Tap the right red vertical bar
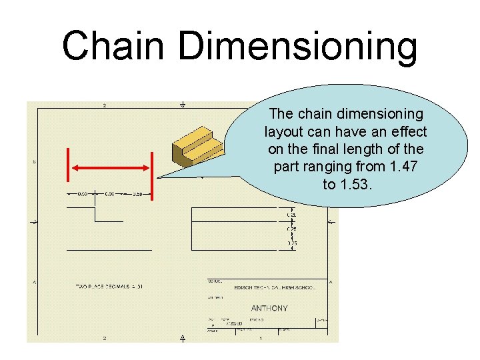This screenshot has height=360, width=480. tap(153, 175)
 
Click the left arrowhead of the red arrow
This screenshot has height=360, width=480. tap(75, 165)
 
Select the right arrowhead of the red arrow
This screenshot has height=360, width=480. tap(146, 165)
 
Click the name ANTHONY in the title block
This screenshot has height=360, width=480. tap(269, 309)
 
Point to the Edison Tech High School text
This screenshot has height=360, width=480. tap(274, 287)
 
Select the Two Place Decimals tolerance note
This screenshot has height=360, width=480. tap(109, 286)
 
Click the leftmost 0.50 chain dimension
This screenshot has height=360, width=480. tap(82, 194)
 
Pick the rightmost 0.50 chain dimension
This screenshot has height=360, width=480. tap(137, 194)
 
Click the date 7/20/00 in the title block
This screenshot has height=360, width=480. tap(234, 325)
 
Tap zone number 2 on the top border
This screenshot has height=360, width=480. tap(105, 105)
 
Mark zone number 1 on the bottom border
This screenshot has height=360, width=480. tap(261, 339)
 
